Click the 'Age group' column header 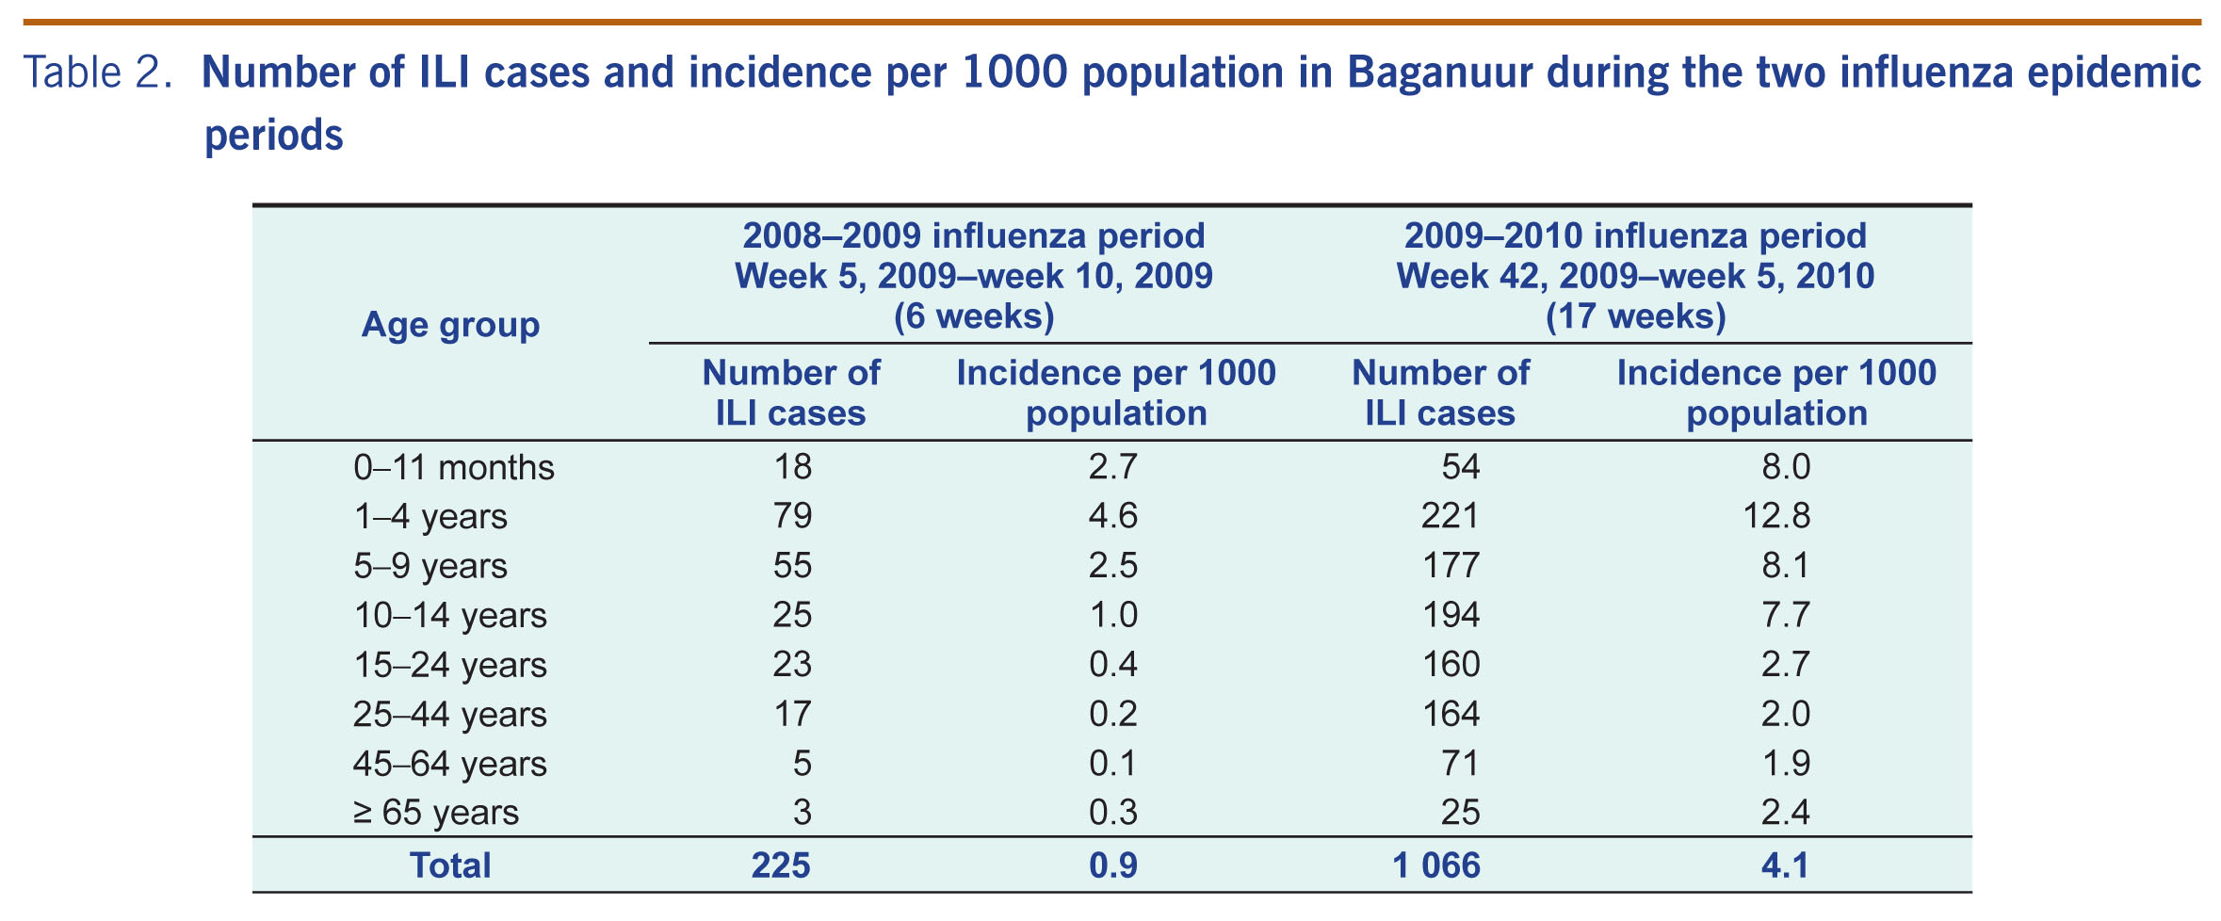pos(450,325)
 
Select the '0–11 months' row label pos(453,467)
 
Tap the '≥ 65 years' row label pos(435,812)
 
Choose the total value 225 pos(781,865)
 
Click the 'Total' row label pos(450,865)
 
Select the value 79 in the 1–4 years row pos(791,516)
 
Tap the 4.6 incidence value pos(1113,516)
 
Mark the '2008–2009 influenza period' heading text pos(973,235)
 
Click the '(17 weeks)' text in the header pos(1635,316)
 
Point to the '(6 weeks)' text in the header pos(973,316)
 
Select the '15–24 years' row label pos(449,665)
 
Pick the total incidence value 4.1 pos(1785,865)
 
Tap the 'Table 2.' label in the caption pos(98,73)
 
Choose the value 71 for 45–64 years pos(1460,763)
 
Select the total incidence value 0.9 pos(1113,865)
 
